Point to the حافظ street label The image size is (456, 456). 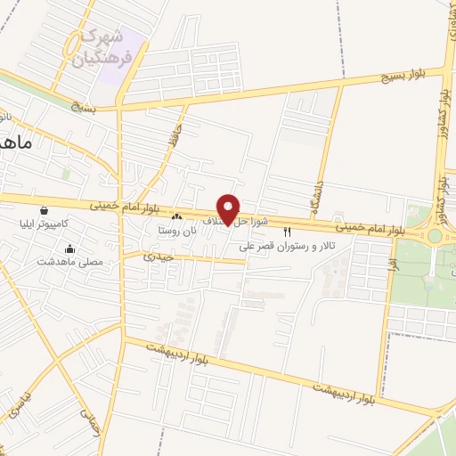tap(173, 142)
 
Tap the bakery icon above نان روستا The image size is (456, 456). tap(177, 216)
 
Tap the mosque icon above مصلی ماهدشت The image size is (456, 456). tap(70, 249)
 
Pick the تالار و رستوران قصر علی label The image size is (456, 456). tap(289, 246)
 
